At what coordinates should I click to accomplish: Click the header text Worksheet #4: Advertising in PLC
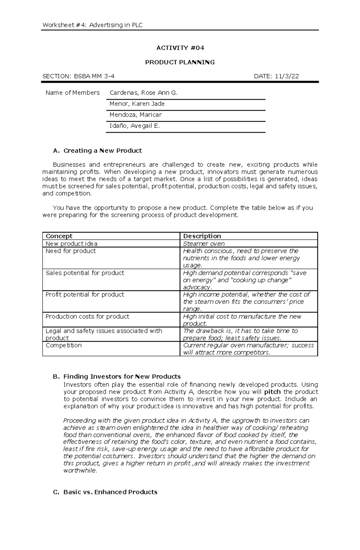(x=92, y=25)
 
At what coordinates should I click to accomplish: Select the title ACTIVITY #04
(x=180, y=48)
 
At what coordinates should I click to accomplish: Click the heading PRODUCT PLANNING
(x=180, y=62)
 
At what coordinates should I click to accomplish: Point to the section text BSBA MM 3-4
(x=93, y=76)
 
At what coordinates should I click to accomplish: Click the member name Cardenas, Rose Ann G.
(x=144, y=93)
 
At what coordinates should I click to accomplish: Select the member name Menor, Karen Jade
(x=137, y=104)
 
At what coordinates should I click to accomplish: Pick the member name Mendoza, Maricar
(x=136, y=115)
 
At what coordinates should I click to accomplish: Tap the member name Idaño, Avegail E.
(x=135, y=126)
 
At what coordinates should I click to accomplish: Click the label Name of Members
(x=73, y=93)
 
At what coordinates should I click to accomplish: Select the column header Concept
(x=59, y=236)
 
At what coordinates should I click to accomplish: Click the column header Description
(x=202, y=236)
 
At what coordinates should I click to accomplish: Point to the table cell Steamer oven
(x=204, y=244)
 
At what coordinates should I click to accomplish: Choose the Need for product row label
(x=70, y=251)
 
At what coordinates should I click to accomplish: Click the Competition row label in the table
(x=64, y=345)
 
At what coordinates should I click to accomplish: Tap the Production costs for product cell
(x=87, y=317)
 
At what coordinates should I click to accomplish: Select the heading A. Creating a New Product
(x=97, y=151)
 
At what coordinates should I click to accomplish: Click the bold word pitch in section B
(x=272, y=392)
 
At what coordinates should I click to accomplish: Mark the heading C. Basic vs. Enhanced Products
(x=105, y=492)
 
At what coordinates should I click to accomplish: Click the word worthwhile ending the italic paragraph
(x=80, y=471)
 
